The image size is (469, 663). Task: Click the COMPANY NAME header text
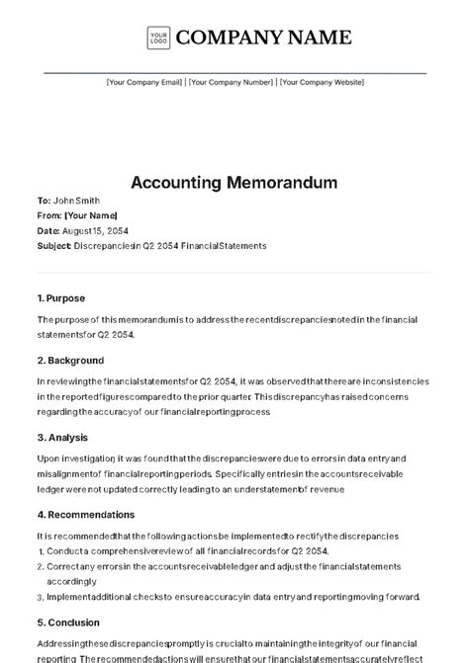[x=263, y=38]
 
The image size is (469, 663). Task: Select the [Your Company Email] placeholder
[x=144, y=83]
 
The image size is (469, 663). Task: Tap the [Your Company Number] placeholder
[x=231, y=83]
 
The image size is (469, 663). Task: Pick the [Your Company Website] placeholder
[x=320, y=83]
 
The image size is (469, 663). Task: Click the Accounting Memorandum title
[x=234, y=183]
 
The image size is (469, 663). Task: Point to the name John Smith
[x=75, y=201]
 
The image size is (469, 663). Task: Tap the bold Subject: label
[x=53, y=245]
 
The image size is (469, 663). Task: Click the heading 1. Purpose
[x=61, y=297]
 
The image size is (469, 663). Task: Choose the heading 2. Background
[x=70, y=361]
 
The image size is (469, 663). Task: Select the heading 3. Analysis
[x=62, y=437]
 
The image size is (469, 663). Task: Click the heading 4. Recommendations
[x=86, y=514]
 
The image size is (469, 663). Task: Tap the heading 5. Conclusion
[x=68, y=622]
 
